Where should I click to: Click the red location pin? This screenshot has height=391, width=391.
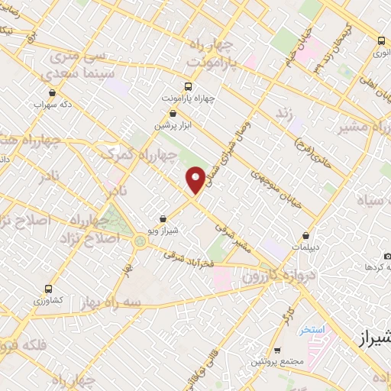(195, 179)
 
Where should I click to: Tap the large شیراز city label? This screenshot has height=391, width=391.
(373, 336)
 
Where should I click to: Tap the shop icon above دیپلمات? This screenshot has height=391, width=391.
(306, 236)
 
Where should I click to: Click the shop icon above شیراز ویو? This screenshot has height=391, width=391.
(163, 219)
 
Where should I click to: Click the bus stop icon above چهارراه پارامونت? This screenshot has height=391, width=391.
(188, 87)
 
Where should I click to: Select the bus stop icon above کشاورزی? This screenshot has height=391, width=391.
(50, 289)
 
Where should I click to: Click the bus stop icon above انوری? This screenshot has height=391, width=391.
(380, 41)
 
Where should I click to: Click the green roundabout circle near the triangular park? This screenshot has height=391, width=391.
(139, 242)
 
